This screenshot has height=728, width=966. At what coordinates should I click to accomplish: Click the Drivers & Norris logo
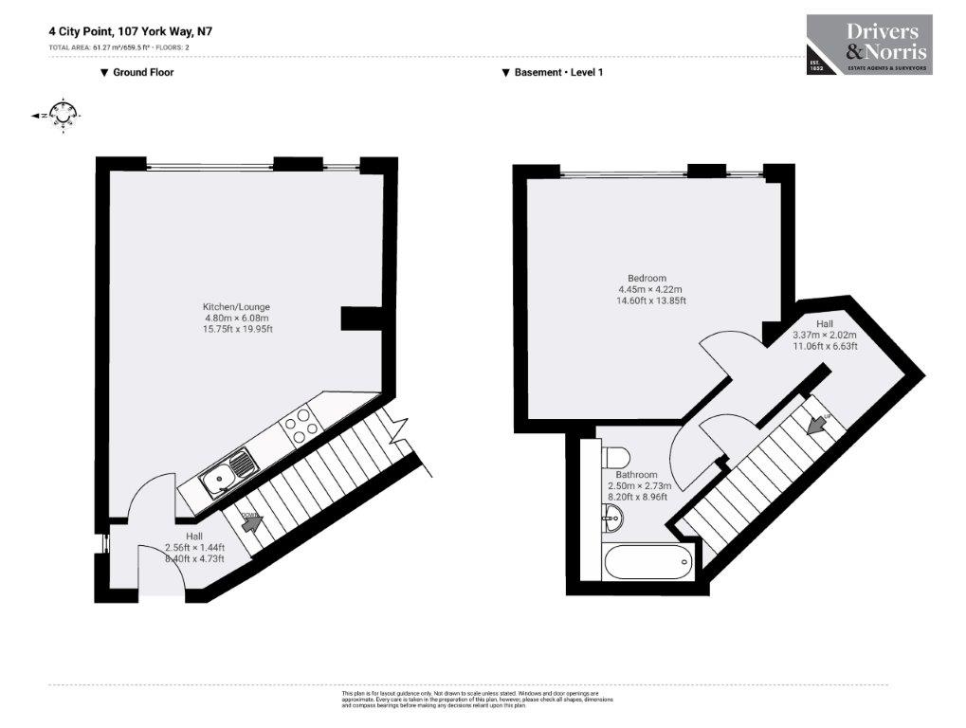tap(868, 45)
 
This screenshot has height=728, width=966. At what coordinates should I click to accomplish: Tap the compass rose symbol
tap(64, 115)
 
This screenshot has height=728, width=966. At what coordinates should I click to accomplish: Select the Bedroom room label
tap(647, 278)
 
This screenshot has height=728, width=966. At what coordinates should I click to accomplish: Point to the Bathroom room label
tap(636, 474)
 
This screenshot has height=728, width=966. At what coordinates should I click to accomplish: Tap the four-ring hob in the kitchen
tap(299, 424)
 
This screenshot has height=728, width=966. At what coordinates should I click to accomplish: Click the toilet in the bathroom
tap(611, 456)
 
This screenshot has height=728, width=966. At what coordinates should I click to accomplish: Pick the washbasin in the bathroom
tap(612, 517)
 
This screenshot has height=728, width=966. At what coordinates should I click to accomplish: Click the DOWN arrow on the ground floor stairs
tap(250, 519)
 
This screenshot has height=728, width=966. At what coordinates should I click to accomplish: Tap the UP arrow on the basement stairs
tap(814, 423)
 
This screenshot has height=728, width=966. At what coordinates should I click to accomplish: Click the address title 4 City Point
tap(131, 30)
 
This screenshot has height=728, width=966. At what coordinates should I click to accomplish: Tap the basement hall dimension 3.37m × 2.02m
tap(824, 335)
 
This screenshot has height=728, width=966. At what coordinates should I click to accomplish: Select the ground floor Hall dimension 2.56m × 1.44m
tap(193, 547)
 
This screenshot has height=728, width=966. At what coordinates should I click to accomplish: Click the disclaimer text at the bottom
tap(477, 700)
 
